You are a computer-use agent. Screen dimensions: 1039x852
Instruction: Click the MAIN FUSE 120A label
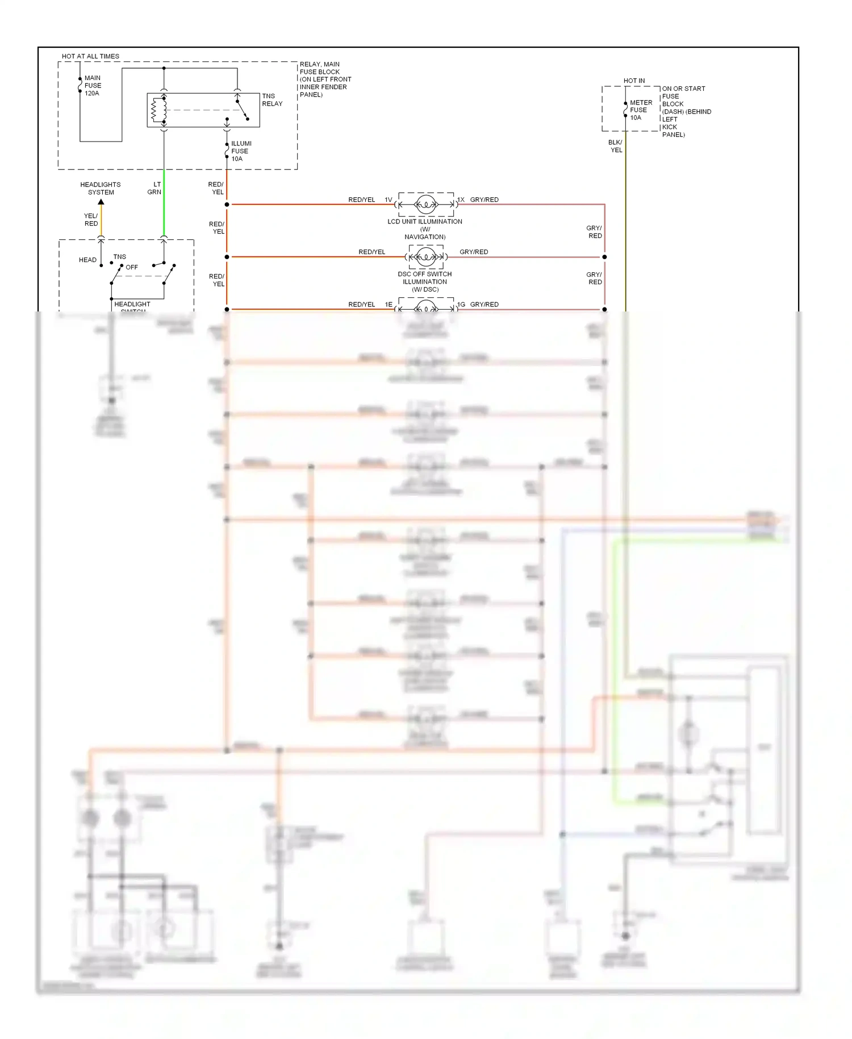tap(92, 86)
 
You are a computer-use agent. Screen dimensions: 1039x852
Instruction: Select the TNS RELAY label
tap(272, 100)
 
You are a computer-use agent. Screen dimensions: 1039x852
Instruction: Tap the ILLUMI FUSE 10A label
tap(240, 151)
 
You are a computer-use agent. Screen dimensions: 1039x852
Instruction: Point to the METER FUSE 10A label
tap(640, 110)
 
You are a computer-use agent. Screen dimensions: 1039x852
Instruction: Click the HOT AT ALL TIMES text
tap(90, 56)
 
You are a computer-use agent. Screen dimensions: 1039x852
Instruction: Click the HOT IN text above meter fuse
tap(634, 81)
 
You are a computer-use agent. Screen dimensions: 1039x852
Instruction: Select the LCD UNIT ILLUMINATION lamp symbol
tap(426, 204)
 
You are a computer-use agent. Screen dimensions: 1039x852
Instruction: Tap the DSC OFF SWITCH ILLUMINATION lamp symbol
tap(426, 257)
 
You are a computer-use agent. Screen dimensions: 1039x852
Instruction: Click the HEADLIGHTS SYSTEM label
tap(101, 188)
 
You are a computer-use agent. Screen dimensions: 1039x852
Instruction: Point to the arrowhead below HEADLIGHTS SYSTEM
tap(101, 202)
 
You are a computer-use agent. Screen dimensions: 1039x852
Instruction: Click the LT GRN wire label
tap(154, 188)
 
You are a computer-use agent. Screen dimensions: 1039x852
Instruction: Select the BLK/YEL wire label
tap(616, 146)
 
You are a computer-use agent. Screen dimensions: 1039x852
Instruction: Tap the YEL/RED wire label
tap(91, 219)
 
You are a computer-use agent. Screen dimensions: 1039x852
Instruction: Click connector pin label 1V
tap(389, 200)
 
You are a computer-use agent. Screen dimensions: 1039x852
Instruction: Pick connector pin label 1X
tap(461, 200)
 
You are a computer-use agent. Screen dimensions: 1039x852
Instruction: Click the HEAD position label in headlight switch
tap(87, 260)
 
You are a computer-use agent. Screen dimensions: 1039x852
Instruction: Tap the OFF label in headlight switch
tap(132, 267)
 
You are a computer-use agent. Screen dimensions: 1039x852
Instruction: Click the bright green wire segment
tap(164, 205)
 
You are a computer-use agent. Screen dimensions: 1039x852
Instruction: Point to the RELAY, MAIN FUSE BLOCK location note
tap(325, 79)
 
